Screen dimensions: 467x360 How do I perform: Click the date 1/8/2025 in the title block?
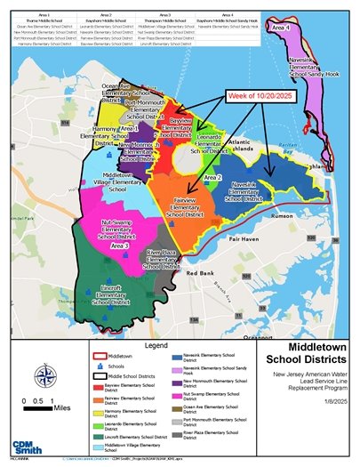click(x=336, y=401)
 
